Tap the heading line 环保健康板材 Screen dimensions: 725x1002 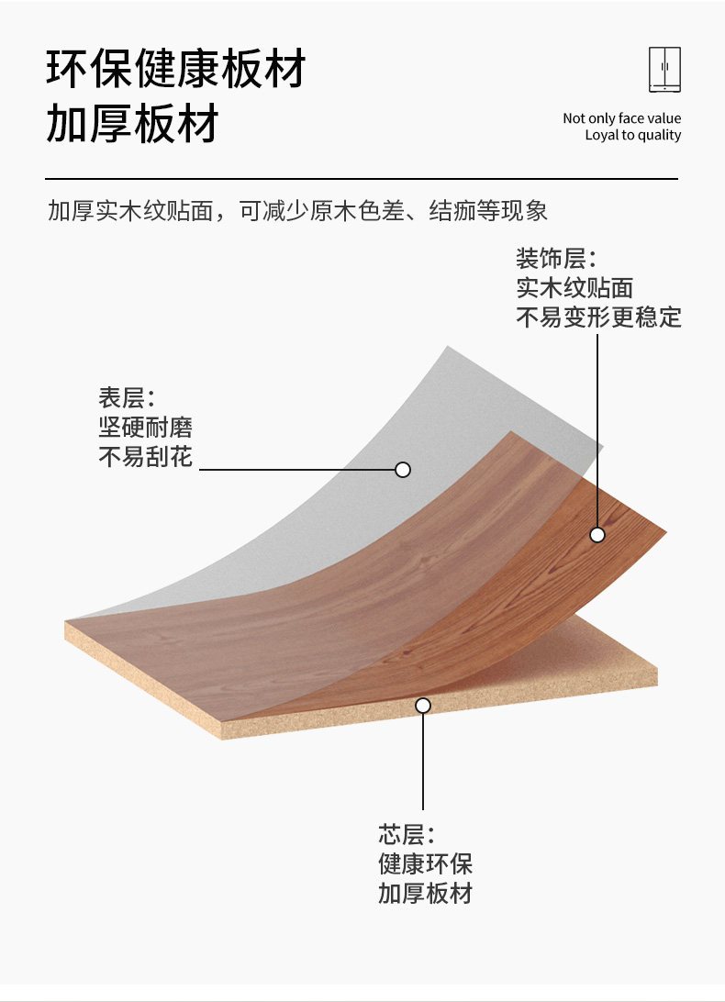(x=175, y=70)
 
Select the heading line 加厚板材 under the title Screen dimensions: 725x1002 (x=132, y=125)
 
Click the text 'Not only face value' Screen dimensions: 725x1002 (x=621, y=118)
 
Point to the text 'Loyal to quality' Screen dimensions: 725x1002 (x=633, y=136)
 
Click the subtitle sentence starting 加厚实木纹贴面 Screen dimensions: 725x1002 (x=297, y=211)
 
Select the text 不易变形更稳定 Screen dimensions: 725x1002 (x=598, y=317)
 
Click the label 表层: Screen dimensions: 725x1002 (x=128, y=398)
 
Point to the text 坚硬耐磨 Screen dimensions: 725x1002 (x=146, y=428)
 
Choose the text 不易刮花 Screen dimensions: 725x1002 (x=146, y=456)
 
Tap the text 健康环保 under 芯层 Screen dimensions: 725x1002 (x=425, y=864)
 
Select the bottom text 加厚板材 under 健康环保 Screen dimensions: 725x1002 (x=425, y=894)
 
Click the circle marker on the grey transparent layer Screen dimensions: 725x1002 (x=402, y=470)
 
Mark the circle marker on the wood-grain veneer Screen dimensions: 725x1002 (x=597, y=534)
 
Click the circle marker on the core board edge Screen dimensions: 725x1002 (x=423, y=706)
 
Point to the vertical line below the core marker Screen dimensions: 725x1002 (x=423, y=762)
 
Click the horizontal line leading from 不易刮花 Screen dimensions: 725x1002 (x=294, y=470)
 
